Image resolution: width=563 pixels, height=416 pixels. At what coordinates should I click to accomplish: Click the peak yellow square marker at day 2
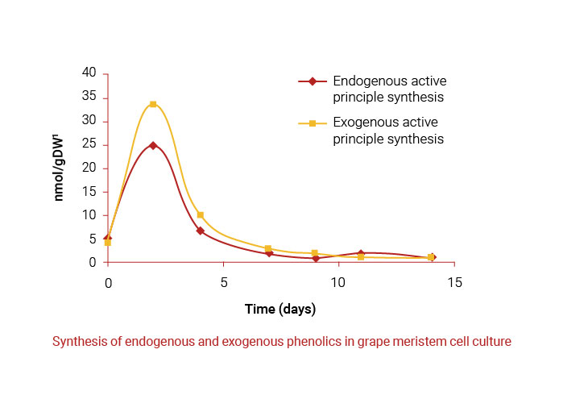pos(153,104)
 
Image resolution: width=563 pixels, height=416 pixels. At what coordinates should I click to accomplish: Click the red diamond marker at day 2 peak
pos(153,145)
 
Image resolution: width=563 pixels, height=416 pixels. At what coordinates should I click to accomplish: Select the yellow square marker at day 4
pos(200,215)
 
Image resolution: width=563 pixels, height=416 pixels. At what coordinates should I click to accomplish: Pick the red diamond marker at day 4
pos(200,231)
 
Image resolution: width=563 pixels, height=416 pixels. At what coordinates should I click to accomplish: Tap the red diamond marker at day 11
pos(361,253)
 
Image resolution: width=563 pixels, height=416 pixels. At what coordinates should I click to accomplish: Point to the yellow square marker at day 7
pos(268,248)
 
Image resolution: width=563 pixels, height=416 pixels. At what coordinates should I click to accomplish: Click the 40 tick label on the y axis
pos(89,73)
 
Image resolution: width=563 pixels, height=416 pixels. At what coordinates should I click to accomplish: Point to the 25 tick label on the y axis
pos(89,144)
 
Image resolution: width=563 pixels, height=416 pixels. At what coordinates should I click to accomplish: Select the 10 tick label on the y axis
pos(89,215)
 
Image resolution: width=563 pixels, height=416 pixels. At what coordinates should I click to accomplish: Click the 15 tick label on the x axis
pos(455,283)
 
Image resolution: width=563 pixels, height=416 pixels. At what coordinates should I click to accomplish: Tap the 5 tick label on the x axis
pos(223,283)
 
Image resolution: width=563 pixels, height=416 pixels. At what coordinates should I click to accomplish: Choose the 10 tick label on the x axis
pos(339,283)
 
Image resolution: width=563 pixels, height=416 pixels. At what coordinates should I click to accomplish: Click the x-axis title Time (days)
pos(280,309)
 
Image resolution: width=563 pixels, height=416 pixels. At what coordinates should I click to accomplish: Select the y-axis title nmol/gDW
pos(60,168)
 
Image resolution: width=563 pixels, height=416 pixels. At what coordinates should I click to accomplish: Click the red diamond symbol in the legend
pos(312,81)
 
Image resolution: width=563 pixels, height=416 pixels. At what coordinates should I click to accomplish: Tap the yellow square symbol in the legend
pos(312,123)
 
